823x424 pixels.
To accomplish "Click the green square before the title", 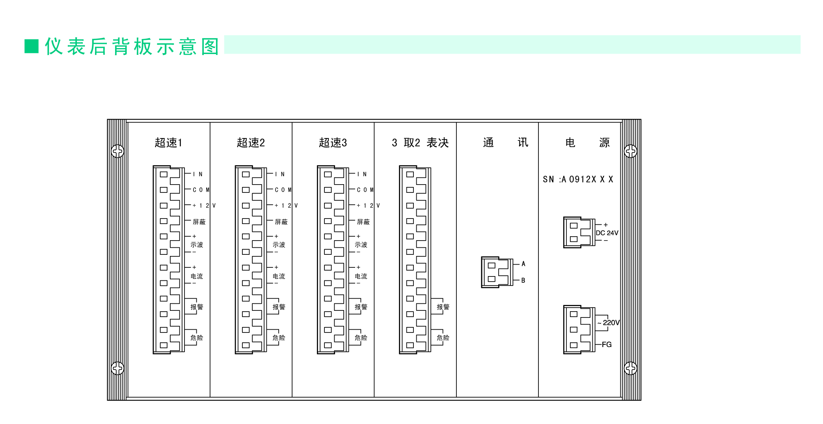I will (x=32, y=46).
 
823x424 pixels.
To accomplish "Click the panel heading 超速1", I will (x=168, y=142).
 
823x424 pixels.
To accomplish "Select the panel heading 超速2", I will (x=251, y=142).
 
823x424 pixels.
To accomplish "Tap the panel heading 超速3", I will (x=333, y=142).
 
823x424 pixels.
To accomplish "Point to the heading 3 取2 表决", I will (x=420, y=142).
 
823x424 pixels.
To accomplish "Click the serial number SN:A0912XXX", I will (x=578, y=179).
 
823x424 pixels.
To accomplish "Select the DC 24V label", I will (x=607, y=233).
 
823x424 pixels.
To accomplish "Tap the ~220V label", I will (x=609, y=323).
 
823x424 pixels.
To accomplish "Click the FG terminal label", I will (x=607, y=344).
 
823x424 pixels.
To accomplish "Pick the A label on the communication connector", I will (x=523, y=263).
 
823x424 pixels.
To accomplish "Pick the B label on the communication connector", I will (x=523, y=280).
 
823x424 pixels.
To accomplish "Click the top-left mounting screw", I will (x=117, y=151).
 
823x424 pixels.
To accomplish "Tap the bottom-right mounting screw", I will (x=631, y=368).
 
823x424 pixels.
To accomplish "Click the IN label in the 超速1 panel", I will (x=198, y=174).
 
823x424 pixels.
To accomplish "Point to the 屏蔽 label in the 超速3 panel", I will (x=363, y=222).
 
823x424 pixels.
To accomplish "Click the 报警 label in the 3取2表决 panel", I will (x=443, y=307).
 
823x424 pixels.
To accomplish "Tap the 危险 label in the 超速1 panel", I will (x=197, y=338).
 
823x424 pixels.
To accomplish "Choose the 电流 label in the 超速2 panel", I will (x=279, y=276).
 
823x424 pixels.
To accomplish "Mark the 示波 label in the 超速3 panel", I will (x=361, y=245).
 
